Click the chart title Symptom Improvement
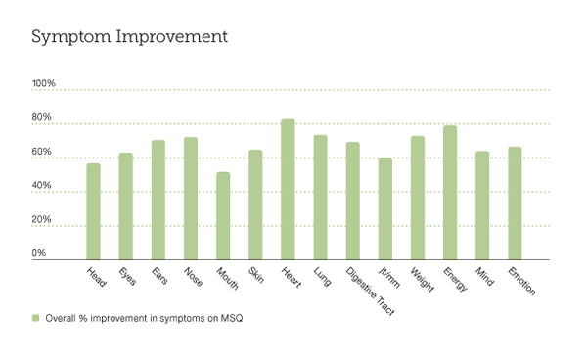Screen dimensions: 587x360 point(129,37)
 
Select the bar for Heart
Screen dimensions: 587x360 point(288,190)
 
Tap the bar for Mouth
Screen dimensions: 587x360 point(223,215)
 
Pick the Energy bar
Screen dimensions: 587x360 point(450,193)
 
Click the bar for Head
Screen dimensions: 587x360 point(94,211)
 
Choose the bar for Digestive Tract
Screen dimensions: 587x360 point(352,201)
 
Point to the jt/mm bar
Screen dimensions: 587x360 point(385,208)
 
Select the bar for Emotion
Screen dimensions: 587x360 point(515,203)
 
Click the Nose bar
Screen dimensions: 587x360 point(191,199)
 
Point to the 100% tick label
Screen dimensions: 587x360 point(44,83)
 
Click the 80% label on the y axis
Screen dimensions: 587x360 point(41,117)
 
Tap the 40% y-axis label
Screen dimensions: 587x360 point(41,185)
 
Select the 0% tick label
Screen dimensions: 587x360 point(39,253)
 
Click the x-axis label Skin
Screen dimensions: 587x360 point(256,275)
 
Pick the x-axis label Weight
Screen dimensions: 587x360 point(422,279)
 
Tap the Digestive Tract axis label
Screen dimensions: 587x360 point(370,292)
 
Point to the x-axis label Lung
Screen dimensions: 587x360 point(322,276)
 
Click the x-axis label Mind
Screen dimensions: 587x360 point(484,276)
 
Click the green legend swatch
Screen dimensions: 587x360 point(35,318)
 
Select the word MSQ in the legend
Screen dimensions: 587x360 point(231,319)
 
